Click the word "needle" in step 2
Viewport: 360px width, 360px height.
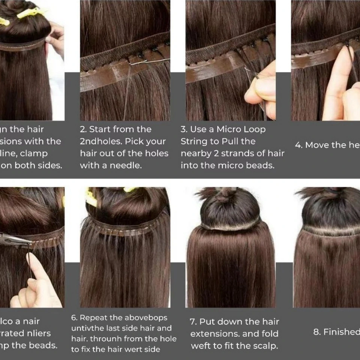126,165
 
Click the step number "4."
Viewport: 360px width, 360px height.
298,145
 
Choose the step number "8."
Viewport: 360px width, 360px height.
317,332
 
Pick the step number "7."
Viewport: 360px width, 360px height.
193,321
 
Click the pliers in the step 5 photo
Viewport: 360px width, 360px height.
15,239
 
